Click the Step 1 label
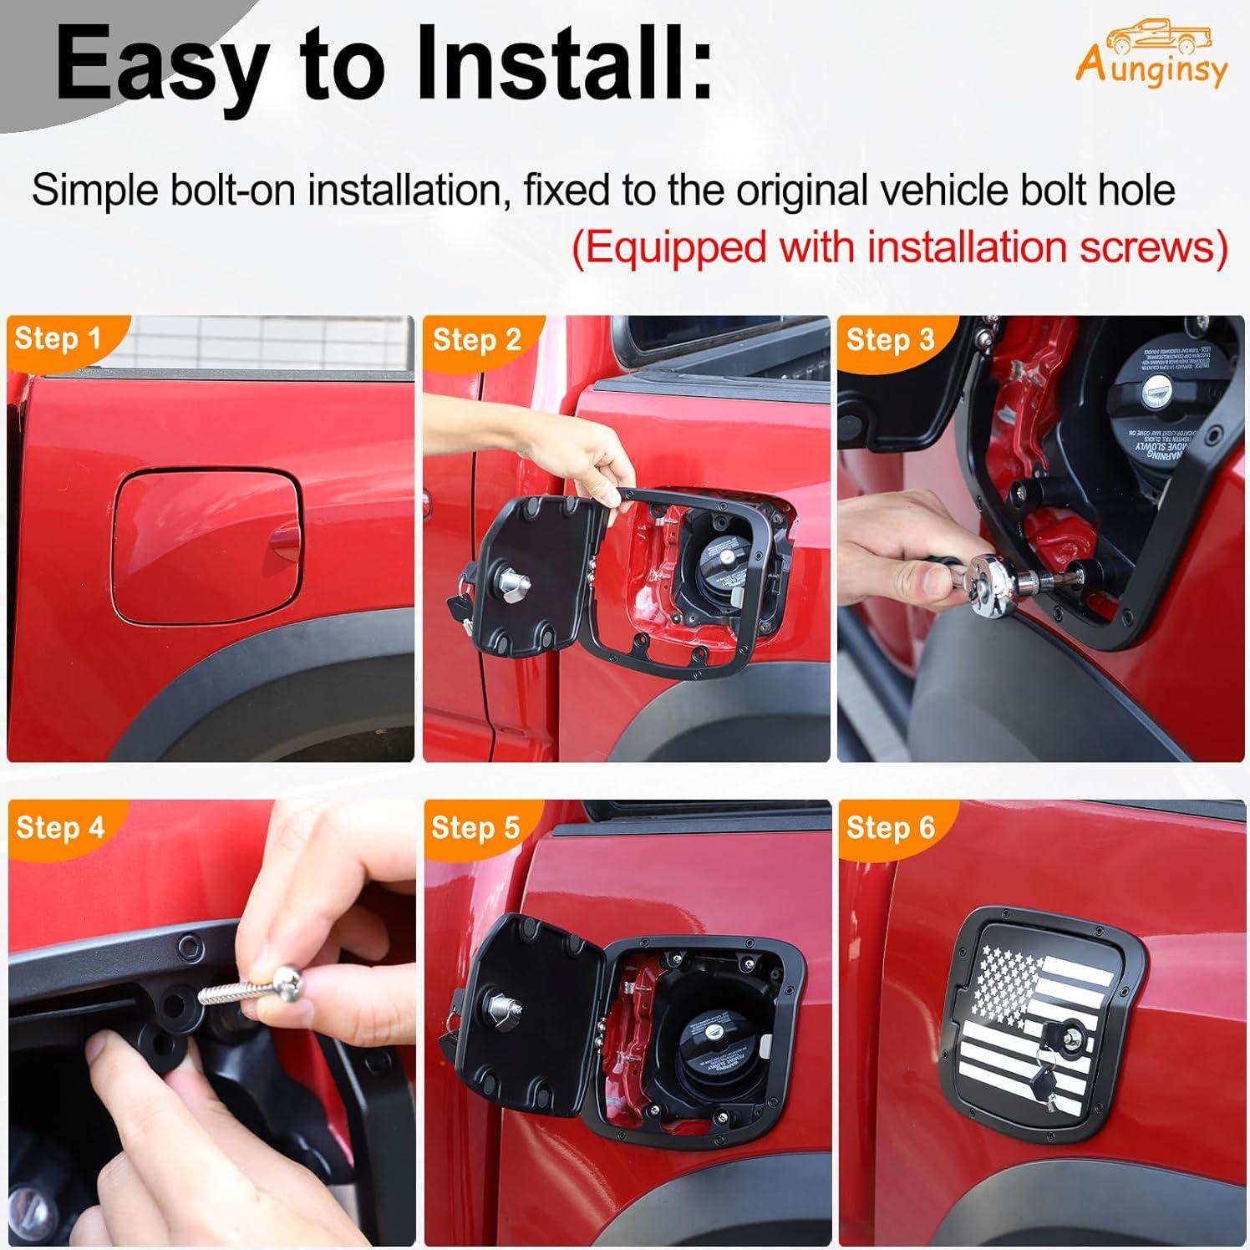(58, 338)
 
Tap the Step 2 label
(476, 339)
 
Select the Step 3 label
(890, 339)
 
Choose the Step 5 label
(475, 827)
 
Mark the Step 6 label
(890, 827)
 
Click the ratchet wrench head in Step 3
(993, 577)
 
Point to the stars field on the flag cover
(1007, 978)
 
